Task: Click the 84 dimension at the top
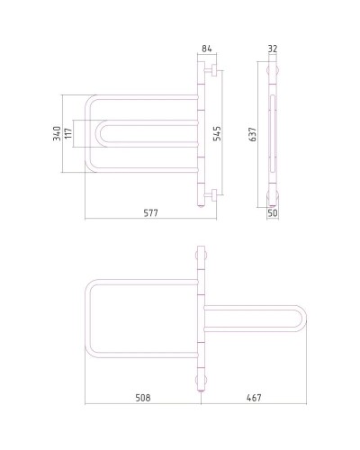coord(206,48)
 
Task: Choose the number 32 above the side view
coord(274,48)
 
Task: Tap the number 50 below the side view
coord(274,214)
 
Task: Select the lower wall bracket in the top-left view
coord(207,195)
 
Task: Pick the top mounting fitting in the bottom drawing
coord(201,255)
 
